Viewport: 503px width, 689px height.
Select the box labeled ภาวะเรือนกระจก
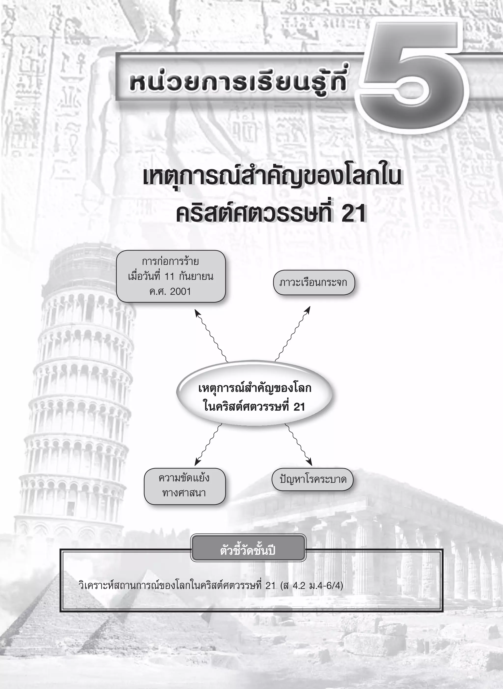point(314,282)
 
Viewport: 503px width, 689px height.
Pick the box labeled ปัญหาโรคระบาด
point(312,479)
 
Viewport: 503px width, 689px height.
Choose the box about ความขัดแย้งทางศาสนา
point(184,486)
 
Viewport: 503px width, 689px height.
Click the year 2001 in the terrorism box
point(180,291)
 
